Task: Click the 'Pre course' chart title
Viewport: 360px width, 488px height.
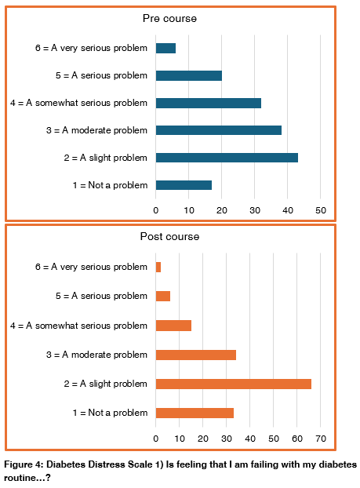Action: click(x=169, y=18)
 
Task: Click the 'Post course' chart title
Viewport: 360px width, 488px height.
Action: click(x=169, y=236)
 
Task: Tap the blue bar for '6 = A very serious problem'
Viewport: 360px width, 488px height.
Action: click(x=165, y=48)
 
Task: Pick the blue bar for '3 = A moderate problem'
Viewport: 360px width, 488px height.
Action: click(x=218, y=130)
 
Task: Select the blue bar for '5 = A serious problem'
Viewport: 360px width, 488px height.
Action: click(x=188, y=75)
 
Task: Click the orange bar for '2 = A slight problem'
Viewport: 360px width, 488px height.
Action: click(x=233, y=384)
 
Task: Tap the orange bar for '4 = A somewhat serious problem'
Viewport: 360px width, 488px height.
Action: click(x=173, y=326)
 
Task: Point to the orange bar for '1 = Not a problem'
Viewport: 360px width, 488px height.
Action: click(x=195, y=413)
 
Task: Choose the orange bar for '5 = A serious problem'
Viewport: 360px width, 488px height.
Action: click(x=163, y=296)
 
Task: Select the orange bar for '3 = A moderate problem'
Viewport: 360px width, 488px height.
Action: click(x=195, y=355)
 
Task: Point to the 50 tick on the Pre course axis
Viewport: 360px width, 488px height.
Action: click(x=321, y=210)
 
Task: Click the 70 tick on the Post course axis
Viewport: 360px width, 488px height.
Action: click(x=320, y=438)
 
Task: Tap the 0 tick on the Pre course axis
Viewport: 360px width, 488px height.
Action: click(x=156, y=210)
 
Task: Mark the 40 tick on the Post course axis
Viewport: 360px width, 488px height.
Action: click(x=249, y=438)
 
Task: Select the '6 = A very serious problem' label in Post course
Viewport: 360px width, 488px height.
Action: click(x=91, y=267)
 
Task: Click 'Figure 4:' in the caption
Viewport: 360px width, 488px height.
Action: click(x=23, y=464)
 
